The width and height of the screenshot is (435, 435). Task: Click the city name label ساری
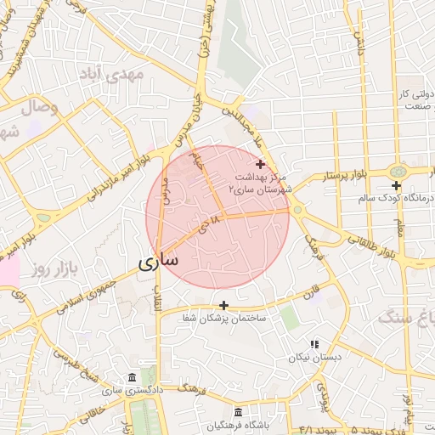(158, 261)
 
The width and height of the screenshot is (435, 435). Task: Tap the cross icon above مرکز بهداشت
(260, 163)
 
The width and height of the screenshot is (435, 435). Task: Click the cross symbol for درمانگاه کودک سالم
(396, 185)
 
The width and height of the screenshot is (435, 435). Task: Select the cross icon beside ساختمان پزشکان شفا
(223, 305)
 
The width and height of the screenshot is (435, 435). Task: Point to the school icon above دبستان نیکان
(314, 345)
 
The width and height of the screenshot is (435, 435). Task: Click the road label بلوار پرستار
(344, 177)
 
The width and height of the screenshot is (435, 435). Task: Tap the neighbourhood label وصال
(37, 108)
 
